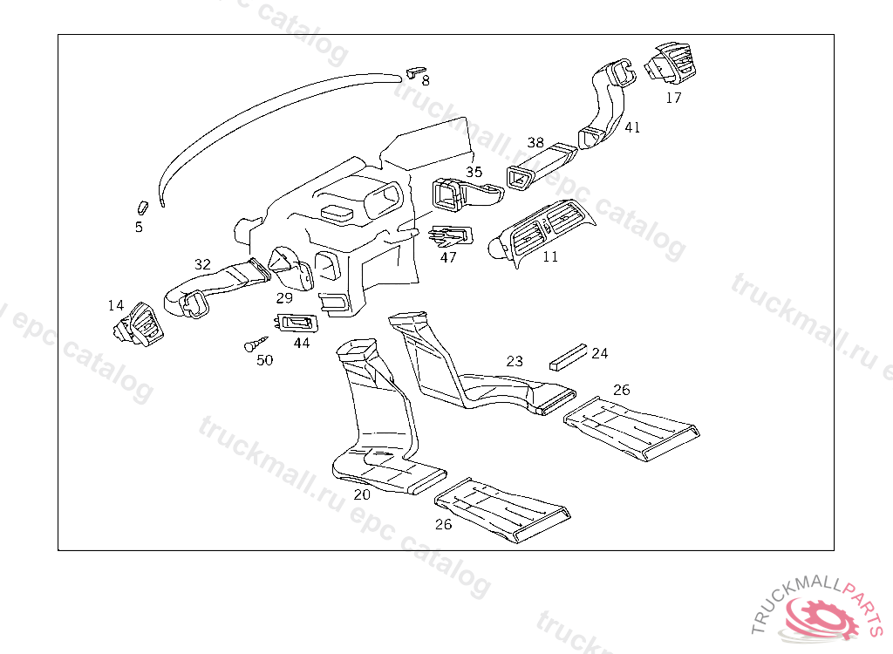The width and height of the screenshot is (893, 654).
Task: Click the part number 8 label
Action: tap(426, 81)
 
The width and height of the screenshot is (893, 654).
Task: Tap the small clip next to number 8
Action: tap(416, 69)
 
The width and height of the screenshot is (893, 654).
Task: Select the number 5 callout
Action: tap(139, 228)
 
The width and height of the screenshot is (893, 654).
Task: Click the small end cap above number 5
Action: tap(143, 207)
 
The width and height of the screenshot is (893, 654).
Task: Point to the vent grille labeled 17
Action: tap(671, 63)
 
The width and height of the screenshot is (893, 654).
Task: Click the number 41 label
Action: tap(632, 127)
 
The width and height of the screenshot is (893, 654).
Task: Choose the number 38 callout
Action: tap(535, 142)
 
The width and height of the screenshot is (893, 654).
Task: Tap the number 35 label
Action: tap(474, 172)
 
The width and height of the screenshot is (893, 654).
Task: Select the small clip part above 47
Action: tap(452, 235)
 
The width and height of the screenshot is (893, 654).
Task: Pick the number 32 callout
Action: tap(202, 264)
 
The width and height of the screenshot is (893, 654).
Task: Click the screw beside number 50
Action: tap(254, 344)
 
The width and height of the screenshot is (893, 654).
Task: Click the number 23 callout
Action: tap(515, 361)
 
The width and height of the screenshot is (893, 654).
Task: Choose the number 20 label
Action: tap(362, 494)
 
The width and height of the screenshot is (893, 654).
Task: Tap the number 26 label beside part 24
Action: tap(621, 390)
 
